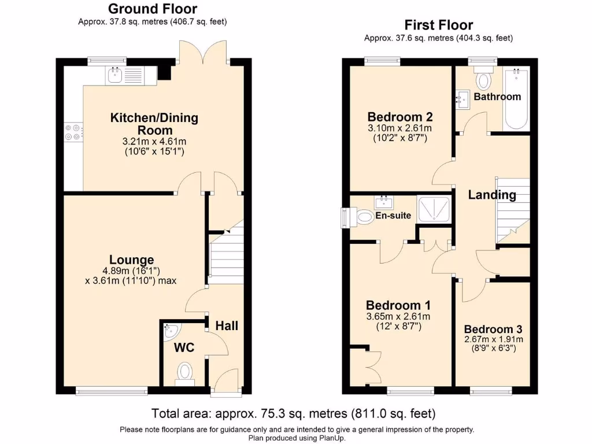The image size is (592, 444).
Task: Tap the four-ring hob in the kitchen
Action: (x=73, y=132)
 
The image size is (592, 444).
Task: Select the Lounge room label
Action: (x=131, y=260)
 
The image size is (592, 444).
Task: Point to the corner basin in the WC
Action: (x=171, y=330)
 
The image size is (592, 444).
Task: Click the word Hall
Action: (x=227, y=326)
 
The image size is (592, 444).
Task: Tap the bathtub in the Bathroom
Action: (x=516, y=98)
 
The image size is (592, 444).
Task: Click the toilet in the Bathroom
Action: (x=483, y=78)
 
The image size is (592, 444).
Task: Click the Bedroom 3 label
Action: (x=493, y=329)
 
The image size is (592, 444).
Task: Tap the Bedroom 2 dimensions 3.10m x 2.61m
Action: (x=400, y=128)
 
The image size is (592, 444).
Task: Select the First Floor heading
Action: (x=438, y=25)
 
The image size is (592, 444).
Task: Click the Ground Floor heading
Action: (x=153, y=9)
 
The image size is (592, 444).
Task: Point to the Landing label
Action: (x=492, y=195)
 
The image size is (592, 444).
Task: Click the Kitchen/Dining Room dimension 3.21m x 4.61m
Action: (x=154, y=142)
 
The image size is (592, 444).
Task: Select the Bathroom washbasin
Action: (x=463, y=99)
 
